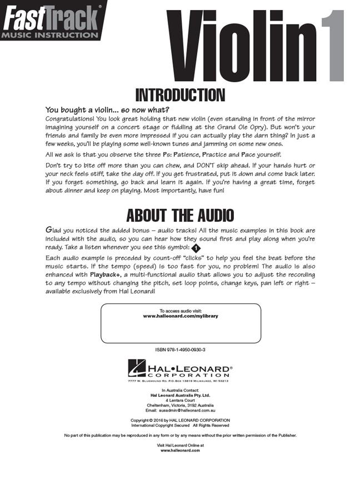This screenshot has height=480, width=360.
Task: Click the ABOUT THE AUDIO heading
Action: pyautogui.click(x=180, y=215)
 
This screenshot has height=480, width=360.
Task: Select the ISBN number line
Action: pyautogui.click(x=180, y=350)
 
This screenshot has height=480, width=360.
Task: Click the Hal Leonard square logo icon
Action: pyautogui.click(x=136, y=368)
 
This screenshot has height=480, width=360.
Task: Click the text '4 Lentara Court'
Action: pyautogui.click(x=180, y=400)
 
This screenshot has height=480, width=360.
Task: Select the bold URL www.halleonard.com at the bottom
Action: pyautogui.click(x=180, y=451)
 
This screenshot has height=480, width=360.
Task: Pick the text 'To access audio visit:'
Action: pyautogui.click(x=180, y=311)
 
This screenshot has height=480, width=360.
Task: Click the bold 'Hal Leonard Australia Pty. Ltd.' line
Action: pyautogui.click(x=180, y=395)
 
